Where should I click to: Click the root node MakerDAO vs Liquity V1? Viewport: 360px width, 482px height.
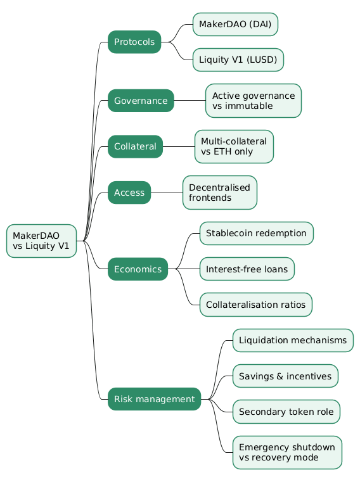pyautogui.click(x=41, y=241)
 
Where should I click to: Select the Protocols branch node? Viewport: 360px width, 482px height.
pyautogui.click(x=134, y=42)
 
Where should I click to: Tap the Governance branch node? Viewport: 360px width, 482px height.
pyautogui.click(x=141, y=101)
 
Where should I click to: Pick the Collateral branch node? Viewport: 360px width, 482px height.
pyautogui.click(x=136, y=147)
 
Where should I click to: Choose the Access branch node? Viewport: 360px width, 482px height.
pyautogui.click(x=129, y=193)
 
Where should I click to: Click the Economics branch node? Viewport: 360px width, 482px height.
pyautogui.click(x=138, y=269)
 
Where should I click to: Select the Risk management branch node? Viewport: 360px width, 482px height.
pyautogui.click(x=155, y=399)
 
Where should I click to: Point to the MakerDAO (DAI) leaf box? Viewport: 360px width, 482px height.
pyautogui.click(x=235, y=24)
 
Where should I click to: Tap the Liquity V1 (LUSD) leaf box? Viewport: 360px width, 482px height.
pyautogui.click(x=238, y=60)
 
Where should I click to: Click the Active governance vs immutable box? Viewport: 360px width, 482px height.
pyautogui.click(x=254, y=101)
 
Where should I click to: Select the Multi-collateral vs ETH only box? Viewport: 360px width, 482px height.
pyautogui.click(x=234, y=147)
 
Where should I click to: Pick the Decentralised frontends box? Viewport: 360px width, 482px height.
pyautogui.click(x=220, y=193)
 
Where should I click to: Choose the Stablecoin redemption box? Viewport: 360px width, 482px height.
pyautogui.click(x=257, y=233)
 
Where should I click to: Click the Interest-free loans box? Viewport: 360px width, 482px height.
pyautogui.click(x=247, y=269)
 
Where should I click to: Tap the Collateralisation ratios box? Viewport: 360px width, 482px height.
pyautogui.click(x=256, y=305)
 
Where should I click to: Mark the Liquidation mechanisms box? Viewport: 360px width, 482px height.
pyautogui.click(x=293, y=340)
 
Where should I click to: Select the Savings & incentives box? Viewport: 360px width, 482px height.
pyautogui.click(x=286, y=376)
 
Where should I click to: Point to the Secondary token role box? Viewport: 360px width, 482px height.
pyautogui.click(x=286, y=412)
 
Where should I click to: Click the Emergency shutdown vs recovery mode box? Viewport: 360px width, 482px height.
pyautogui.click(x=287, y=452)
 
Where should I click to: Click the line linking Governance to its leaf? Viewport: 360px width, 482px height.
pyautogui.click(x=190, y=101)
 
